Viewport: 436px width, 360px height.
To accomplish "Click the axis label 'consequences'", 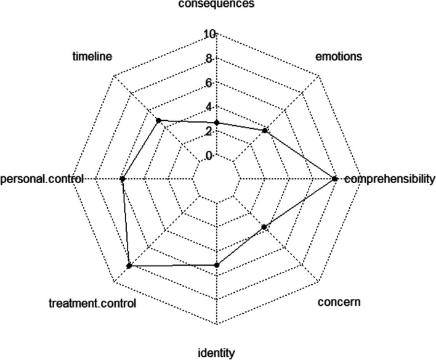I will coord(216,4).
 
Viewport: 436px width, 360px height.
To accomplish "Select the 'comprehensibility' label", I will coord(389,179).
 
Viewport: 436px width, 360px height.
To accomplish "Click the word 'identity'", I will coord(216,353).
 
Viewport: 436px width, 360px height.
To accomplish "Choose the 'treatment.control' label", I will coord(92,303).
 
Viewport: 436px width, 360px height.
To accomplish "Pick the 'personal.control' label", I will coord(38,179).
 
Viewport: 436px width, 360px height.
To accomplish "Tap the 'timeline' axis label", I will coord(92,57).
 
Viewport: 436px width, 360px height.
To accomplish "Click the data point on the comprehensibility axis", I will coord(334,179).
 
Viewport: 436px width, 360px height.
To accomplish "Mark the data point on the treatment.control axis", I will coord(129,266).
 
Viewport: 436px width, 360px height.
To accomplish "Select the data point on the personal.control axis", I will coord(123,179).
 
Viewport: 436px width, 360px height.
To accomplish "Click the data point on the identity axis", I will coord(216,265).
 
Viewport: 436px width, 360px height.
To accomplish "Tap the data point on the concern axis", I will coord(265,227).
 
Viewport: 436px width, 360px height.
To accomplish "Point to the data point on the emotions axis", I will coord(265,130).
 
